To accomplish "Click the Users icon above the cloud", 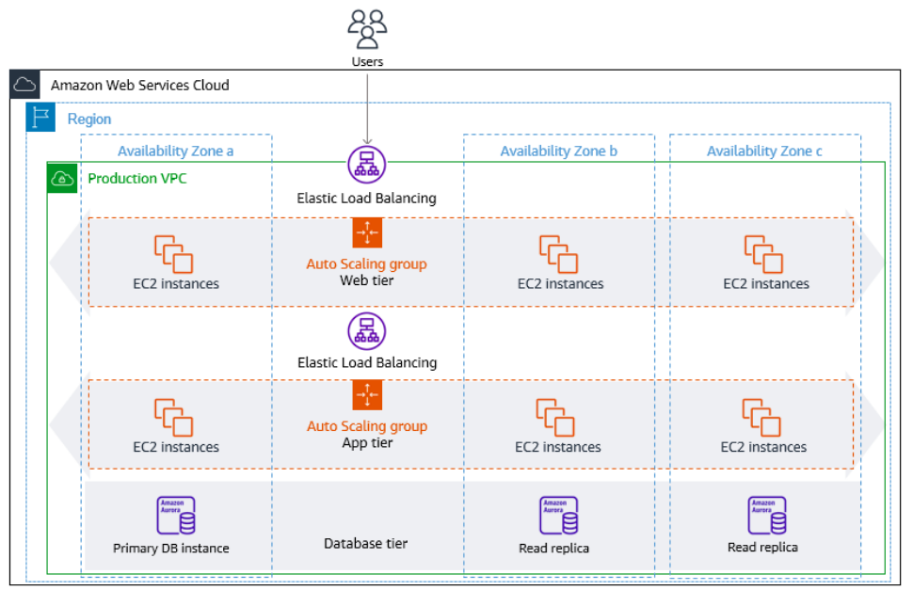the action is [367, 28].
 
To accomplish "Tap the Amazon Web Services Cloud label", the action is [139, 86].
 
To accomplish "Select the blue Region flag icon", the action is [40, 117].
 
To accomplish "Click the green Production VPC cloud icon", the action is [62, 178].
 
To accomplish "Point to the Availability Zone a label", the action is [175, 151].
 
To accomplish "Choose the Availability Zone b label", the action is [558, 151].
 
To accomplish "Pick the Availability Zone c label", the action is [764, 151].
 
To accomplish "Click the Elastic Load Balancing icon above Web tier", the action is [367, 165].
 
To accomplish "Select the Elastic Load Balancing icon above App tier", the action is [367, 331].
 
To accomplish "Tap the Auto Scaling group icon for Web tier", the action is [367, 232].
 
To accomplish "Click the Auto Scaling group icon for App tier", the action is [367, 395].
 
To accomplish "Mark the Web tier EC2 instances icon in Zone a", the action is [173, 254].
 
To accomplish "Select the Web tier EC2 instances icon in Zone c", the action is [763, 254].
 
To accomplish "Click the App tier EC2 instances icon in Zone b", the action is [555, 418].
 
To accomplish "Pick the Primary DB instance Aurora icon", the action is [176, 516].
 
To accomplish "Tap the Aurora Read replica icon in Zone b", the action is [558, 516].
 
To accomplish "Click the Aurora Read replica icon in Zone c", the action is [767, 516].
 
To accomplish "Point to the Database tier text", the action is [365, 544].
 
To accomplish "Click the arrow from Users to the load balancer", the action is [367, 109].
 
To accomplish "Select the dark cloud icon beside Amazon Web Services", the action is [24, 85].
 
